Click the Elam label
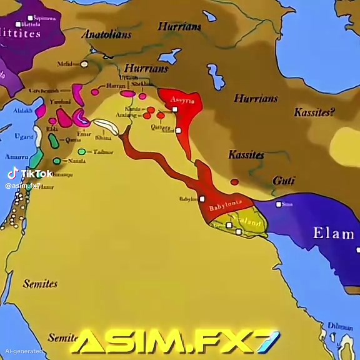tap(333, 234)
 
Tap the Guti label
tap(284, 181)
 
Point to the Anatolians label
tap(107, 34)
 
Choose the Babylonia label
tap(225, 205)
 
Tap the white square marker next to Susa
tap(279, 204)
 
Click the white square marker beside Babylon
tap(202, 199)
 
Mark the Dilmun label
tap(340, 326)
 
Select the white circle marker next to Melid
tap(84, 64)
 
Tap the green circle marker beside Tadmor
tap(82, 151)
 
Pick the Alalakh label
tap(24, 111)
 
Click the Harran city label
tap(116, 85)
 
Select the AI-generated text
tap(21, 352)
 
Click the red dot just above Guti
tap(234, 182)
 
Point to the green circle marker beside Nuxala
tap(57, 161)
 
